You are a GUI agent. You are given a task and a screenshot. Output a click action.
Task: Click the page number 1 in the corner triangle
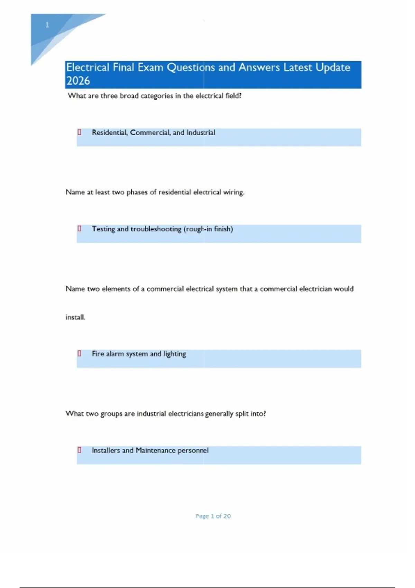47,25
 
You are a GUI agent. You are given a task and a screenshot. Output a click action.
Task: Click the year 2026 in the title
78,81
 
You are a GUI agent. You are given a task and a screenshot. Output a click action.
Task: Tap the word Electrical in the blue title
87,67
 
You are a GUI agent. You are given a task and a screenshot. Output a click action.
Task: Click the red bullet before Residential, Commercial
80,132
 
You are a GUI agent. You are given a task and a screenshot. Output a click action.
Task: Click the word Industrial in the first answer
201,132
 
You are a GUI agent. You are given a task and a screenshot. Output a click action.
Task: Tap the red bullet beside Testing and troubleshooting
80,229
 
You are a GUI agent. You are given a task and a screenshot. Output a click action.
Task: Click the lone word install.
75,317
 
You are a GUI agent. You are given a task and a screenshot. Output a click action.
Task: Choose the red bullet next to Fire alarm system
80,353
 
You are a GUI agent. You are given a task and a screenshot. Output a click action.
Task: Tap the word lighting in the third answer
175,354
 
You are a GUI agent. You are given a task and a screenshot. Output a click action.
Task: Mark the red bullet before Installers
80,450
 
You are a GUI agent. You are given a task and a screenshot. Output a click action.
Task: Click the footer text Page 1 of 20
213,516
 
